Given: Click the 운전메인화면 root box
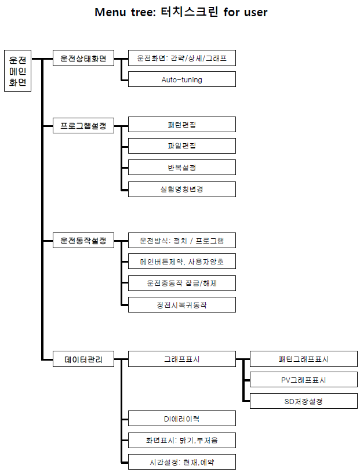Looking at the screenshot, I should coord(17,71).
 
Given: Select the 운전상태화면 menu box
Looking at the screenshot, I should coord(83,58).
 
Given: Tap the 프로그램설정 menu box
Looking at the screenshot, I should coord(83,125).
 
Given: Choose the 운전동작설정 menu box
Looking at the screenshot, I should coord(83,240).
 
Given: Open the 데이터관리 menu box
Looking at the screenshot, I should coord(83,359).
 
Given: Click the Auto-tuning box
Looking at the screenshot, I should coord(181,79).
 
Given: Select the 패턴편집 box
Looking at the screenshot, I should coord(181,125).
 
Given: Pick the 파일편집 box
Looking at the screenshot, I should coord(181,146).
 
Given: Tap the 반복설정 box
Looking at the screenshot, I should coord(181,168).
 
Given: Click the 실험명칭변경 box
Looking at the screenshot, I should coord(181,189).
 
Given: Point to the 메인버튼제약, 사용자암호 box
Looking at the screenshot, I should coord(181,261).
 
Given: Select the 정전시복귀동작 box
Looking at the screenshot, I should coord(181,304).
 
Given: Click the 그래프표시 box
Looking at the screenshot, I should coord(181,359).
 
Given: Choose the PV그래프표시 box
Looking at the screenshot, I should coord(303,380).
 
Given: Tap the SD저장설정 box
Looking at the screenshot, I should coord(303,401).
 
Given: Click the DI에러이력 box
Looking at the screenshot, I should coord(181,419).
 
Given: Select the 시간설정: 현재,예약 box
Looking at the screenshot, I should coord(181,462).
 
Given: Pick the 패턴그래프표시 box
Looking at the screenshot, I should coord(303,359).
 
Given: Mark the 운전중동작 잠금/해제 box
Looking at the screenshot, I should coord(181,283).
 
